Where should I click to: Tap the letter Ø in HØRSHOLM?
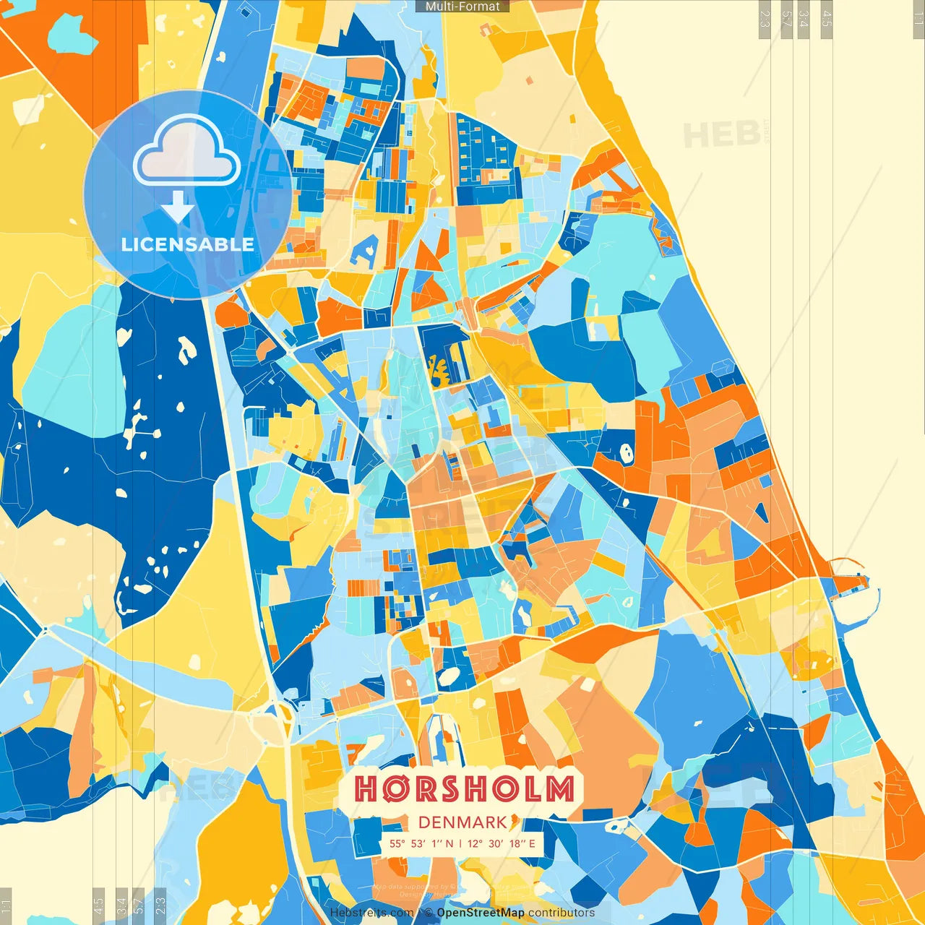[x=391, y=789]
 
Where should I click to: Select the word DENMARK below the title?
[x=462, y=822]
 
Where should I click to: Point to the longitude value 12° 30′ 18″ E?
[x=502, y=843]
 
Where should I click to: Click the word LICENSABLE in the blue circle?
[x=188, y=244]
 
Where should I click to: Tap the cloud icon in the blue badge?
[x=187, y=152]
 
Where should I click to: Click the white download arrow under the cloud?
[x=177, y=208]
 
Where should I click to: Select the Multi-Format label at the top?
[x=462, y=7]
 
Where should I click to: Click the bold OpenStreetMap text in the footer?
[x=480, y=913]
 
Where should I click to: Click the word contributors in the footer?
[x=562, y=913]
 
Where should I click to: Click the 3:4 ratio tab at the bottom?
[x=121, y=906]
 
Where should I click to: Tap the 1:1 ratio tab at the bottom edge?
[x=6, y=906]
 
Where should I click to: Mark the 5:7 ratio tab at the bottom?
[x=139, y=906]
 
